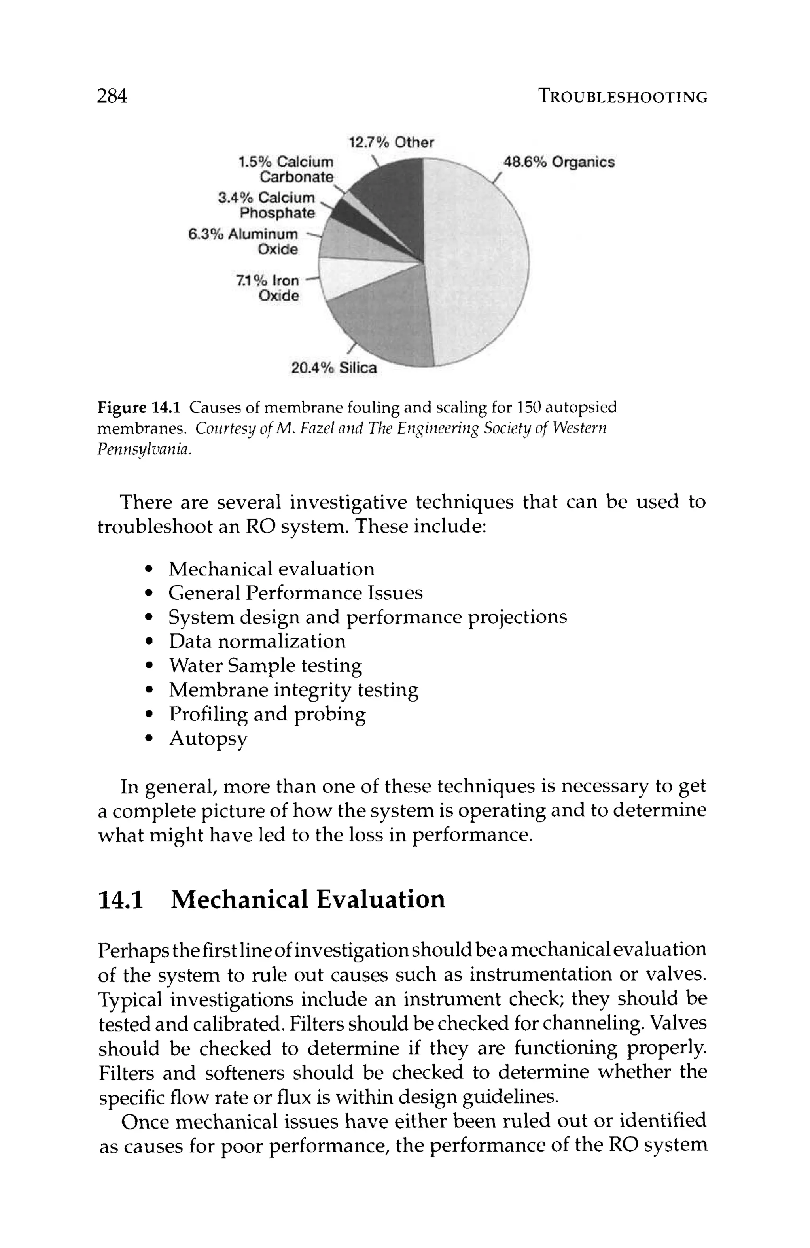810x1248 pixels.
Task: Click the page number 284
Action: pyautogui.click(x=112, y=96)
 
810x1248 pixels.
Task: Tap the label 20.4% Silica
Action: pyautogui.click(x=334, y=368)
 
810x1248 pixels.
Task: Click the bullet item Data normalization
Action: pyautogui.click(x=257, y=641)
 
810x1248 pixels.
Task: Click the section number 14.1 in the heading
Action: pyautogui.click(x=121, y=899)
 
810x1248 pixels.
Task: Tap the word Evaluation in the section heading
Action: pyautogui.click(x=381, y=899)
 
